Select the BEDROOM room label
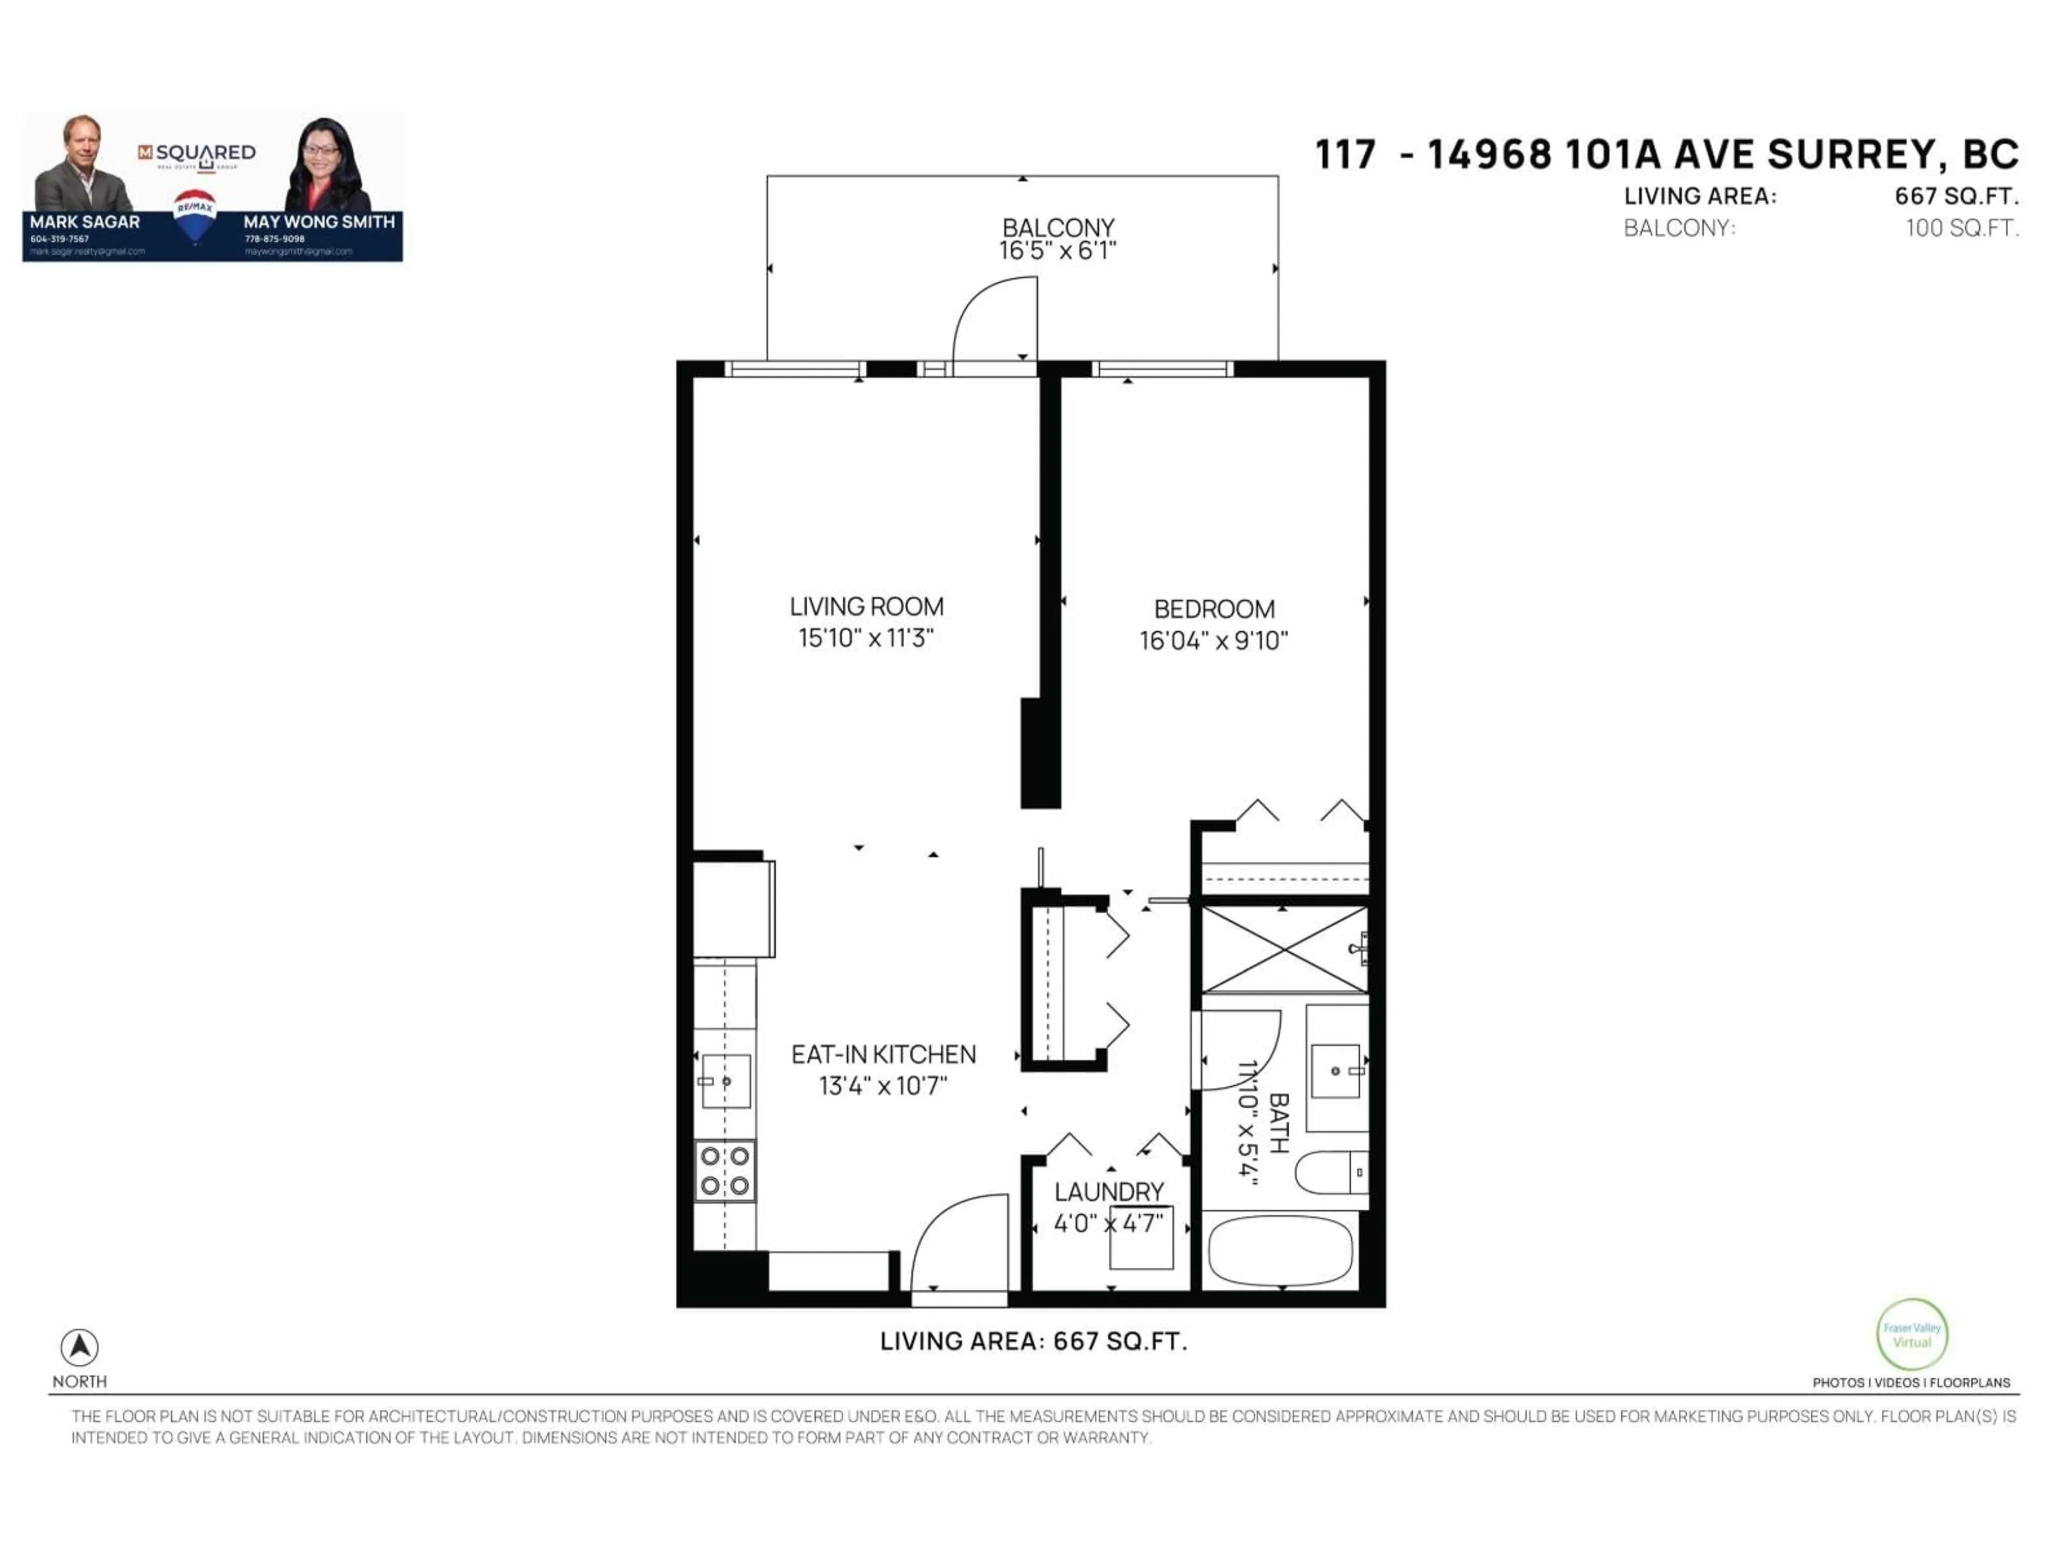point(1213,610)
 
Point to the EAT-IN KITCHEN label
point(884,1054)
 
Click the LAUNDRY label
point(1109,1192)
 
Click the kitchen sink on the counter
point(725,1082)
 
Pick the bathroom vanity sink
point(1336,1071)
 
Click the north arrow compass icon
point(80,1347)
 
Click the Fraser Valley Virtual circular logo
point(1912,1334)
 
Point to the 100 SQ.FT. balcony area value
point(1962,228)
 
